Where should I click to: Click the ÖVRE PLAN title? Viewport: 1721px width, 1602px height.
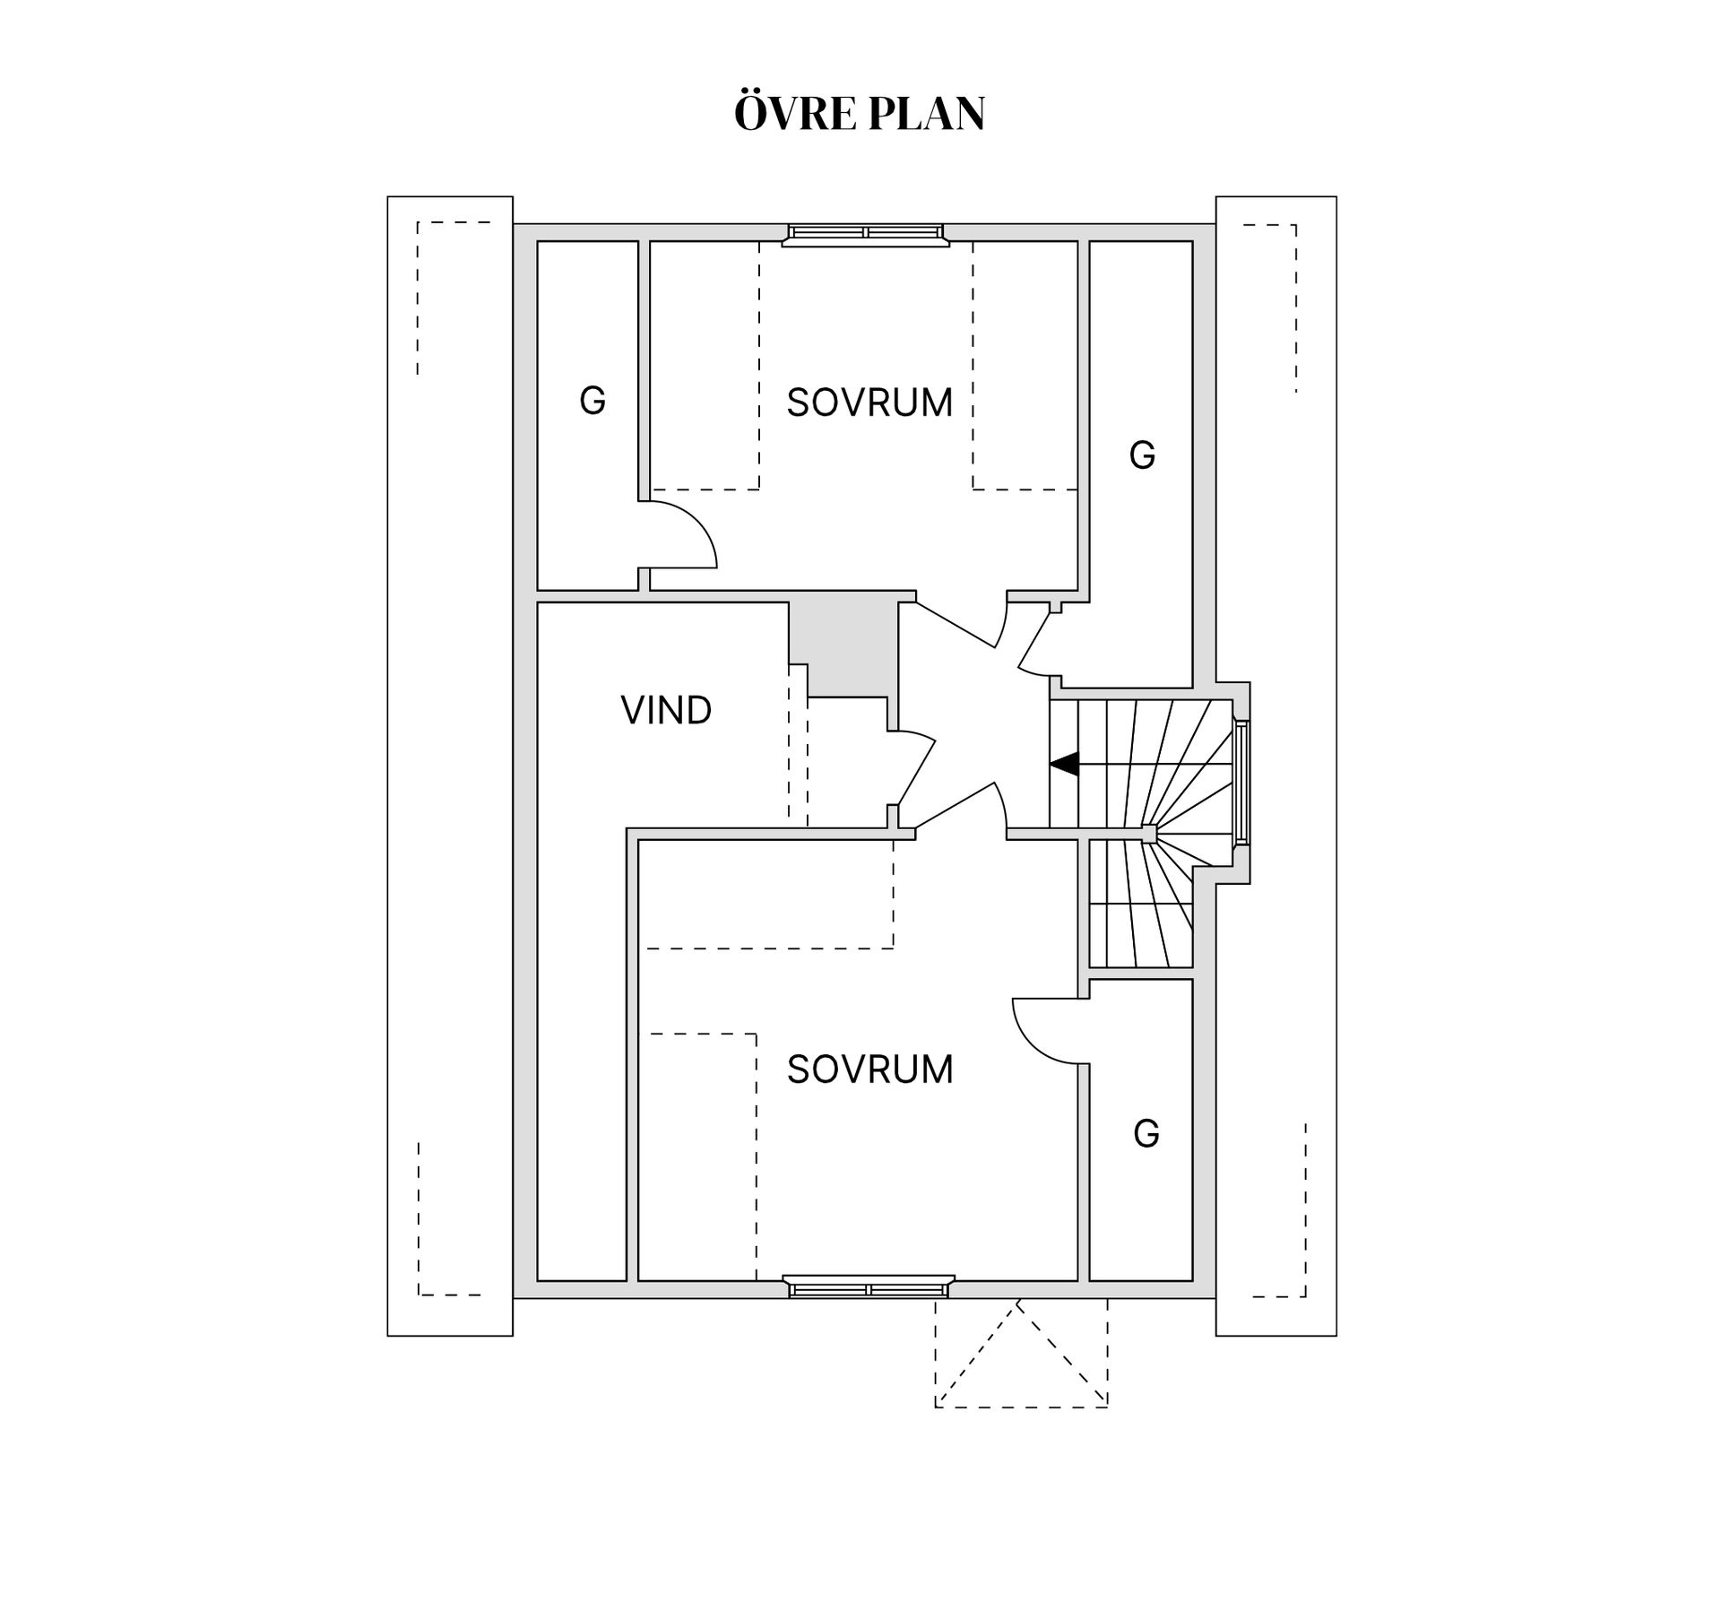pos(860,112)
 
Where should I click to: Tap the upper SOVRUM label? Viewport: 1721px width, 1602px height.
pos(869,403)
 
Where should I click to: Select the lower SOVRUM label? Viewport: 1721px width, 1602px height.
pos(869,1069)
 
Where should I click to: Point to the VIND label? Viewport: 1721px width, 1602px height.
pos(666,710)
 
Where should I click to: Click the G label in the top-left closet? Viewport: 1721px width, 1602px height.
pos(592,400)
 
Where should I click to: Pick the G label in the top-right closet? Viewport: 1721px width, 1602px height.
pos(1142,455)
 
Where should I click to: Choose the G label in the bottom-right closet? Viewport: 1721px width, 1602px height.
pos(1146,1134)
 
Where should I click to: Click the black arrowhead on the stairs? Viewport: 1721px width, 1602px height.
pos(1064,765)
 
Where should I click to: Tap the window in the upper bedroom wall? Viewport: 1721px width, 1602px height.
pos(865,234)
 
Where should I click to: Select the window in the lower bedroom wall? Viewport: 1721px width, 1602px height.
pos(869,1286)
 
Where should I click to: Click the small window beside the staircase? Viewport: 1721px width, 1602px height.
pos(1241,782)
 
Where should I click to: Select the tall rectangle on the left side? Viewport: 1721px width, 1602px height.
pos(450,766)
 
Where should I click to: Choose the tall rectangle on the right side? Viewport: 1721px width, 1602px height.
pos(1276,766)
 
